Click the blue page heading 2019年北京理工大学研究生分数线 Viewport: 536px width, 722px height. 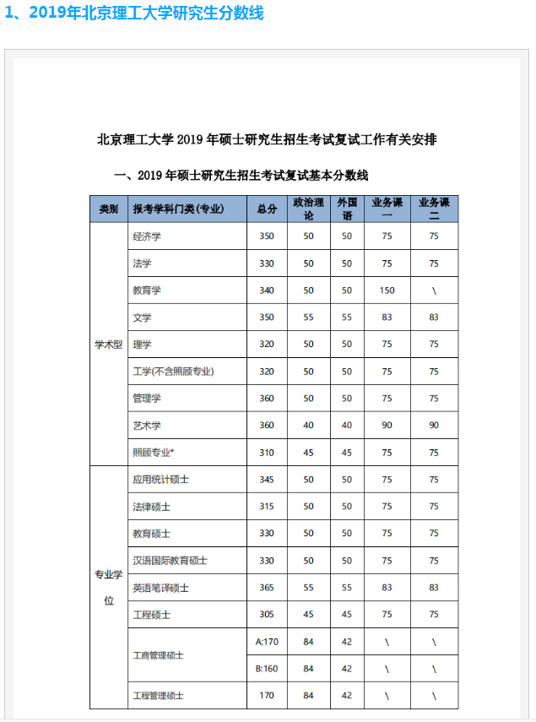tap(135, 14)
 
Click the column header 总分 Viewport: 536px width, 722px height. tap(267, 209)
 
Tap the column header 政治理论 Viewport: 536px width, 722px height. tap(308, 209)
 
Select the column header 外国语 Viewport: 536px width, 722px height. tap(347, 209)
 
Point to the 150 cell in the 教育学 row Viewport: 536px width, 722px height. tap(387, 290)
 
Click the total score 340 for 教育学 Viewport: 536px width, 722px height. tap(267, 290)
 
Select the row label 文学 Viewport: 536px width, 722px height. tap(142, 318)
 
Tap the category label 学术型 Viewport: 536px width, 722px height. tap(108, 345)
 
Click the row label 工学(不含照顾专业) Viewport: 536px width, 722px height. tap(173, 372)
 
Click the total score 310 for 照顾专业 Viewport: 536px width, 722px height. tap(267, 453)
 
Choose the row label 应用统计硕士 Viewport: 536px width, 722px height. tap(160, 480)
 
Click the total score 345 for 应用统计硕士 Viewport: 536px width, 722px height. tap(267, 480)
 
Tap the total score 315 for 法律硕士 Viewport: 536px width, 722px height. tap(267, 507)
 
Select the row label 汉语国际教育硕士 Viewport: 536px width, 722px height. tap(170, 561)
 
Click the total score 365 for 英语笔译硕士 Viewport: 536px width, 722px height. tap(267, 588)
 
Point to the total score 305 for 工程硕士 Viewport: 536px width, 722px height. tap(267, 615)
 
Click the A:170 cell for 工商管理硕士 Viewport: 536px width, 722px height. tap(267, 642)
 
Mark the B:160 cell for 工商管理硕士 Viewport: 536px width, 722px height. tap(267, 669)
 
